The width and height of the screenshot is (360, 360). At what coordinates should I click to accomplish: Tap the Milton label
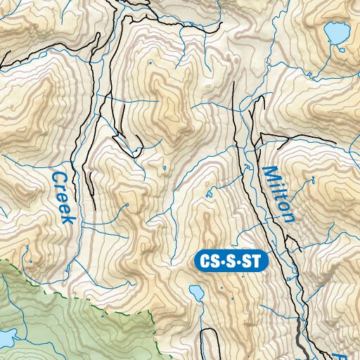[x=279, y=195]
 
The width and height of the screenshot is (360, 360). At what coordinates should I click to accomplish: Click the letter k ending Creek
[x=67, y=219]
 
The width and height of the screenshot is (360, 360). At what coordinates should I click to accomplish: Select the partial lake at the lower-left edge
[x=6, y=337]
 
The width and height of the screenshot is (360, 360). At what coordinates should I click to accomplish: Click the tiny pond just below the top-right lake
[x=342, y=49]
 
